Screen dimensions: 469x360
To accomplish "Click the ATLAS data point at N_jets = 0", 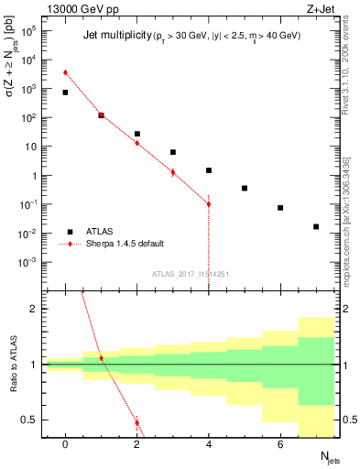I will pyautogui.click(x=65, y=93).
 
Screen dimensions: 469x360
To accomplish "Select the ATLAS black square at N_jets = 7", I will pyautogui.click(x=316, y=226).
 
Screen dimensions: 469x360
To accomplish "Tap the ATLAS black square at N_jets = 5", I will pyautogui.click(x=245, y=188).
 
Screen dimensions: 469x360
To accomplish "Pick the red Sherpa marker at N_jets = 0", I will pyautogui.click(x=65, y=72).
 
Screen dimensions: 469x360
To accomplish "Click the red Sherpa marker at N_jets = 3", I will pyautogui.click(x=173, y=171).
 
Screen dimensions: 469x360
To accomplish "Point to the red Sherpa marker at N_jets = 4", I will pyautogui.click(x=209, y=203).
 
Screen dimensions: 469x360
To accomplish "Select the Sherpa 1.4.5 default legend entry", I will pyautogui.click(x=114, y=244).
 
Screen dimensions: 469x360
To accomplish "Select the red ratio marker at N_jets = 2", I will pyautogui.click(x=137, y=422).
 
